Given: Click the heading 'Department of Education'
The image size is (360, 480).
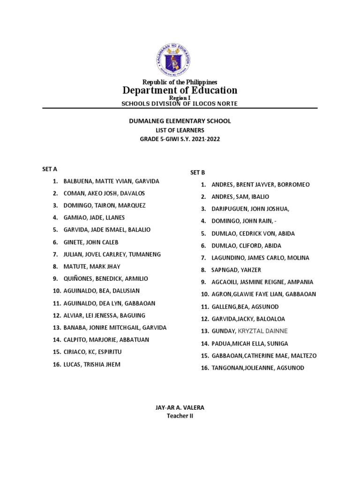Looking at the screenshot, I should pyautogui.click(x=180, y=90).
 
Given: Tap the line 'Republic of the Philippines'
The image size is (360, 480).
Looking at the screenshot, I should pyautogui.click(x=180, y=82).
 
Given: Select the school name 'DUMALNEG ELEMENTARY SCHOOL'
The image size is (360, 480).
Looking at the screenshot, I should pyautogui.click(x=180, y=121).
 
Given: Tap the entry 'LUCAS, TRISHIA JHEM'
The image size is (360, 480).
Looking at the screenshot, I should pyautogui.click(x=92, y=364).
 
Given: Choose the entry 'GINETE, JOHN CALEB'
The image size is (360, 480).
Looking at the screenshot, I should pyautogui.click(x=91, y=242).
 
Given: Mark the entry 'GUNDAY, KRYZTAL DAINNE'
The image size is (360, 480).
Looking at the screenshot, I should pyautogui.click(x=250, y=331).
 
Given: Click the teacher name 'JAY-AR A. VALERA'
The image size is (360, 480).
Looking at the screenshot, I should pyautogui.click(x=180, y=408).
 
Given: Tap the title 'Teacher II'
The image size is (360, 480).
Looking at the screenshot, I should pyautogui.click(x=180, y=416).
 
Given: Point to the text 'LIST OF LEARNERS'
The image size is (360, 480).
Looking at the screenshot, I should pyautogui.click(x=180, y=129).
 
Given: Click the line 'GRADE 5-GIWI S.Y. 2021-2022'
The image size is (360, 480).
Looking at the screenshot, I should pyautogui.click(x=180, y=138).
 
